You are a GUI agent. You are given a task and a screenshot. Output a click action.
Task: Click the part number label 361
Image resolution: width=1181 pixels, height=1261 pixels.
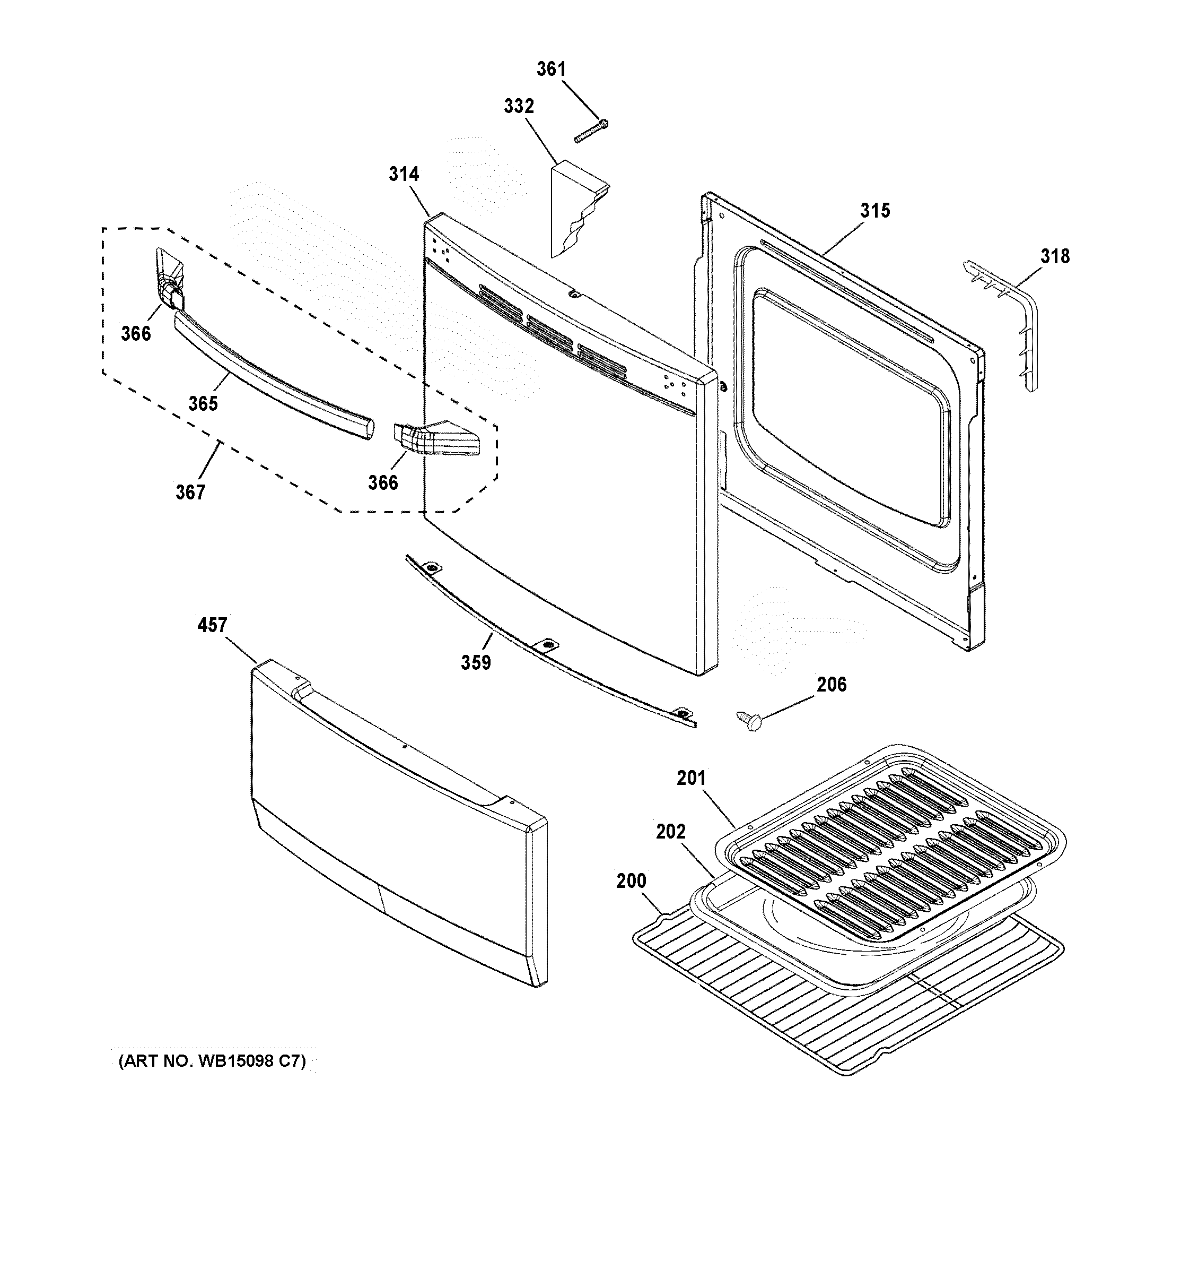(x=551, y=68)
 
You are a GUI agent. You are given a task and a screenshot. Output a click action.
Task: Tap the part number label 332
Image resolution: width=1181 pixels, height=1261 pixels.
(x=519, y=106)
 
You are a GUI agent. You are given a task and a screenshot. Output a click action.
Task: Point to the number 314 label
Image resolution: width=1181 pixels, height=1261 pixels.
(x=404, y=173)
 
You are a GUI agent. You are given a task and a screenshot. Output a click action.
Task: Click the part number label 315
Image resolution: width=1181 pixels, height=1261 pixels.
(x=875, y=210)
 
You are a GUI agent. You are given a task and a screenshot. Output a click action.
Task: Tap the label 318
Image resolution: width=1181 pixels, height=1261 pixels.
(x=1054, y=256)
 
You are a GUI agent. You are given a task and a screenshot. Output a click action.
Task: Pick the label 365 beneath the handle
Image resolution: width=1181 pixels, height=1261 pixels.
(x=203, y=403)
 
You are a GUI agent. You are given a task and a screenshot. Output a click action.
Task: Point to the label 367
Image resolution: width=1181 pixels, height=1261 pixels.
(x=190, y=491)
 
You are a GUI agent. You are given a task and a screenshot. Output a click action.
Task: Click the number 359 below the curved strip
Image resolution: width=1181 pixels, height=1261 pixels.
(x=476, y=662)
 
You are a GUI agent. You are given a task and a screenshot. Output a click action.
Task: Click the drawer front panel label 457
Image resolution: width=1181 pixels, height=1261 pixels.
(x=212, y=625)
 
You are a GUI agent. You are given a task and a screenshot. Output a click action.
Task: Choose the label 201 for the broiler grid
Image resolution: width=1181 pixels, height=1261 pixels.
(x=691, y=778)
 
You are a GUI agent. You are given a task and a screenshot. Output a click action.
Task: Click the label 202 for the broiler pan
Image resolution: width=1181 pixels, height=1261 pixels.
(x=671, y=831)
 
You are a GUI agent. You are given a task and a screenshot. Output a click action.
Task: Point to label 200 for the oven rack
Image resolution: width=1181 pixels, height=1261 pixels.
(x=632, y=880)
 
